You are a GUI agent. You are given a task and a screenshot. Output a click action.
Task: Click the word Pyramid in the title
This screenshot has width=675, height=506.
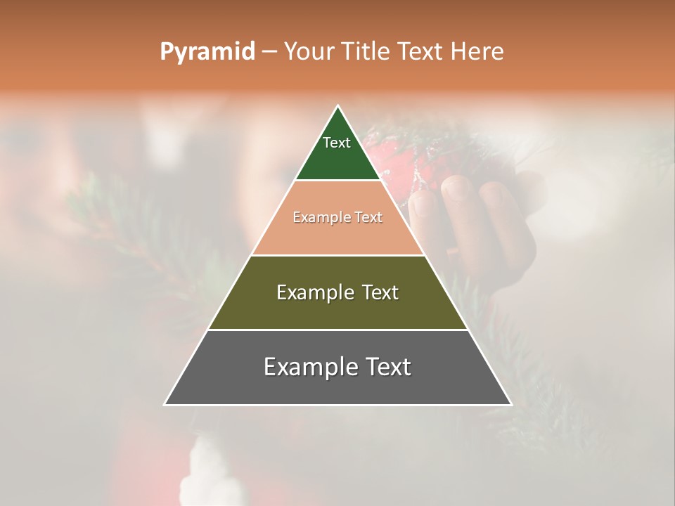(x=207, y=51)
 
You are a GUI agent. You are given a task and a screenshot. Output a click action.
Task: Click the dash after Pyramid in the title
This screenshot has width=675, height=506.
(x=269, y=52)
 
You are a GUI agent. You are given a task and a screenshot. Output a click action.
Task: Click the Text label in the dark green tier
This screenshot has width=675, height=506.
(x=337, y=143)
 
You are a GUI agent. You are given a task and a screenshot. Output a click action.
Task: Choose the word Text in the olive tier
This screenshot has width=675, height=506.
(x=380, y=292)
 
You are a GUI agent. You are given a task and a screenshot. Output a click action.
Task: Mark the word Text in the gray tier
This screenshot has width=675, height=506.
(x=387, y=367)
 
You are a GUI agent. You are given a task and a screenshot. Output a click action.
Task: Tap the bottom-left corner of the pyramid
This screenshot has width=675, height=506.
(x=165, y=405)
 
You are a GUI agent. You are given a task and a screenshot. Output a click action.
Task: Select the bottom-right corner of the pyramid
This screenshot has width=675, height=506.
(x=511, y=405)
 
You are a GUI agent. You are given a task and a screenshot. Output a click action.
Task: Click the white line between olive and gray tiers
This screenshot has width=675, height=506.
(x=337, y=330)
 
